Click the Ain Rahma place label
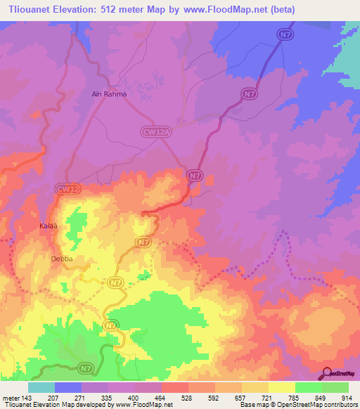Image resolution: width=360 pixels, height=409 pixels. (108, 93)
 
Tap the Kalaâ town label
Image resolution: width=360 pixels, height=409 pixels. (47, 226)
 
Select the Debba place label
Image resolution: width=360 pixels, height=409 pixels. (62, 259)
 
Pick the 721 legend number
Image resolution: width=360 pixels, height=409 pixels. (262, 398)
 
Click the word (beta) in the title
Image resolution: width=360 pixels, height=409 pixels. (279, 10)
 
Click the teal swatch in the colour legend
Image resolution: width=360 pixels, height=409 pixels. (41, 387)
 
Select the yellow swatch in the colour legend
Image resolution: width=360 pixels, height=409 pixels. (281, 387)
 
